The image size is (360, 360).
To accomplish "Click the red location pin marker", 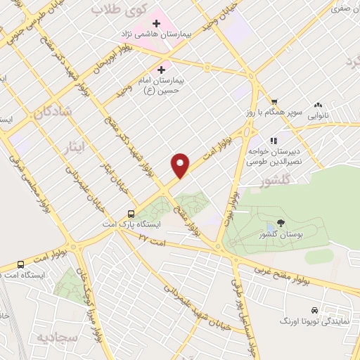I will click(181, 165).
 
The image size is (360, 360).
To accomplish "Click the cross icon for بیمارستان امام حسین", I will click(162, 70).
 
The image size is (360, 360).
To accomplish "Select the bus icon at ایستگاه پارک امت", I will click(131, 214).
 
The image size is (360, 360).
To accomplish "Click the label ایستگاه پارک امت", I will click(139, 224).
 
